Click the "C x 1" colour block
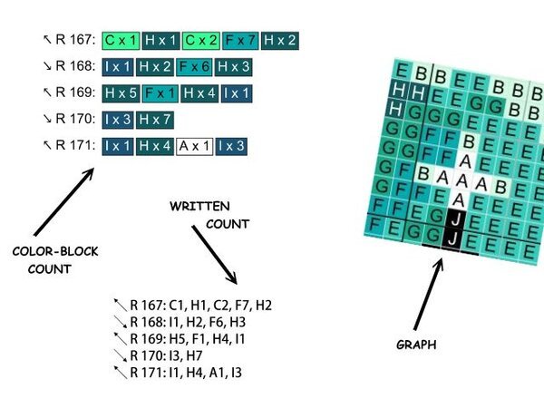[x=121, y=41]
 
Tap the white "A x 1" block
[x=195, y=145]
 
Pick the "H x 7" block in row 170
[x=155, y=119]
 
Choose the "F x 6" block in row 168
[x=194, y=66]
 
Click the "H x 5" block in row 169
[x=121, y=92]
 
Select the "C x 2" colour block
[x=200, y=41]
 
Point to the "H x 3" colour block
[x=234, y=66]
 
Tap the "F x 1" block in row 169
[x=160, y=92]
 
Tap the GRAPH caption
[x=415, y=345]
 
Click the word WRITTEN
[x=199, y=207]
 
